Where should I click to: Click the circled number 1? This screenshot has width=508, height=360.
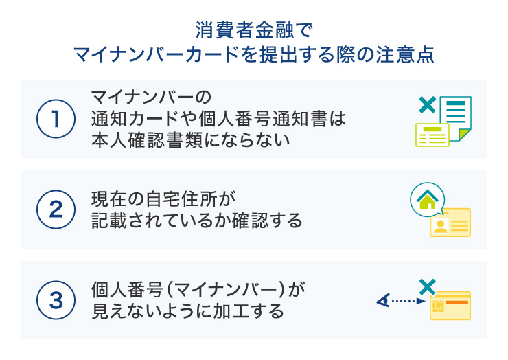point(55,118)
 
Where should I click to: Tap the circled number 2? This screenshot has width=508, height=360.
point(55,209)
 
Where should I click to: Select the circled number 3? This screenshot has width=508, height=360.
point(55,300)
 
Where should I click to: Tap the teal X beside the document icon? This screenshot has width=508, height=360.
point(426,105)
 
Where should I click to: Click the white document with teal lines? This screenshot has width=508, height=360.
point(456,113)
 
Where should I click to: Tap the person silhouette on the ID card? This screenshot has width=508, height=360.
point(441,227)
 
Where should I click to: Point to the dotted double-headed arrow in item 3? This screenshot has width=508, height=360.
point(398,300)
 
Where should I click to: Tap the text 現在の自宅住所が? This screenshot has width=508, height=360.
point(163,199)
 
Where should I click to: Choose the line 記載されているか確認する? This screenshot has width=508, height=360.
point(197,221)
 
